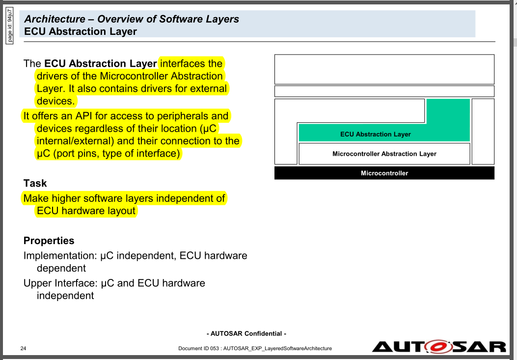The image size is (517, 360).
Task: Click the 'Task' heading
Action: [35, 183]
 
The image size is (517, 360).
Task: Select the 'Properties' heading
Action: [49, 241]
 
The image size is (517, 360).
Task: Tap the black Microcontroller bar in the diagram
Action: [384, 173]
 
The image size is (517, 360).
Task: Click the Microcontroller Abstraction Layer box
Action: [384, 154]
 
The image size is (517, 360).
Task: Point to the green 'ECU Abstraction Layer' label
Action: [375, 134]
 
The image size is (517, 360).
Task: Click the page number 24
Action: [23, 348]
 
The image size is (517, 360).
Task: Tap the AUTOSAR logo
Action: [438, 346]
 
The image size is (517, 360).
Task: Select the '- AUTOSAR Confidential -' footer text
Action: [246, 333]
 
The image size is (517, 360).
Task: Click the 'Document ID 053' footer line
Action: [255, 348]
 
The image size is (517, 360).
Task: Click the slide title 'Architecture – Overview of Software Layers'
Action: [132, 19]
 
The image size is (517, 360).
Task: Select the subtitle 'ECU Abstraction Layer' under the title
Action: [81, 31]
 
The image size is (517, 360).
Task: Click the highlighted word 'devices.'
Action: [55, 101]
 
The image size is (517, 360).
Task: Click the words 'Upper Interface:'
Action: [60, 283]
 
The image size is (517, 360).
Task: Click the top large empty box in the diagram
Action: [384, 69]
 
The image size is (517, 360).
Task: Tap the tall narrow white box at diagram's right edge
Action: [483, 131]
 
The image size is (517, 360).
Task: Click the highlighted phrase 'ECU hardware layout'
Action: [86, 211]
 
